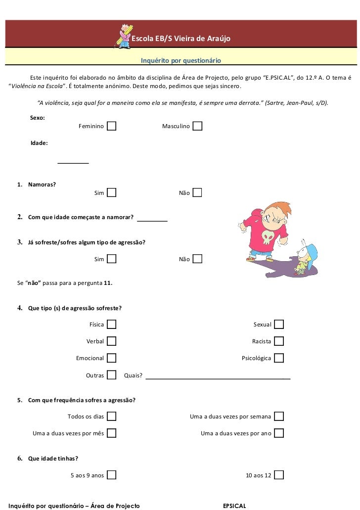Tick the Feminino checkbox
pos(112,127)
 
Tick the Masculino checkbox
pos(197,127)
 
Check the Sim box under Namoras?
pos(112,192)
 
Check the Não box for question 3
pos(197,259)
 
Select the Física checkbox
pos(112,325)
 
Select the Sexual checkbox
pos(279,325)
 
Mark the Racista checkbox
pos(279,341)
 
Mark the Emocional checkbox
pos(112,358)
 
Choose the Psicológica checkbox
pos(279,358)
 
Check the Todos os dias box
pos(112,417)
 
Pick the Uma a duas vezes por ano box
pos(279,433)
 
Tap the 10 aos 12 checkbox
pos(279,475)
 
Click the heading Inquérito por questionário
pos(180,61)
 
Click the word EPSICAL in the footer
pos(234,506)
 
